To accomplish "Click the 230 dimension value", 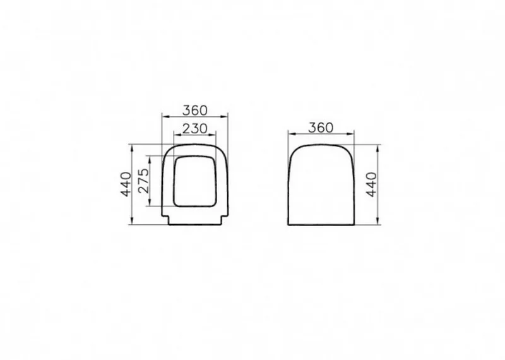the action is [195, 129].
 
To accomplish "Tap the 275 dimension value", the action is [144, 181].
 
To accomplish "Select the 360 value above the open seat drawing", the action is [195, 111].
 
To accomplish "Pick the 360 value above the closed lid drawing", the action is [321, 128].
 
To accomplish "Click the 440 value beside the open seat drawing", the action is [127, 184].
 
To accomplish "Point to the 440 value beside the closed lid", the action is [372, 184].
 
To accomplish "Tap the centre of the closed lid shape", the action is [321, 184].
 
